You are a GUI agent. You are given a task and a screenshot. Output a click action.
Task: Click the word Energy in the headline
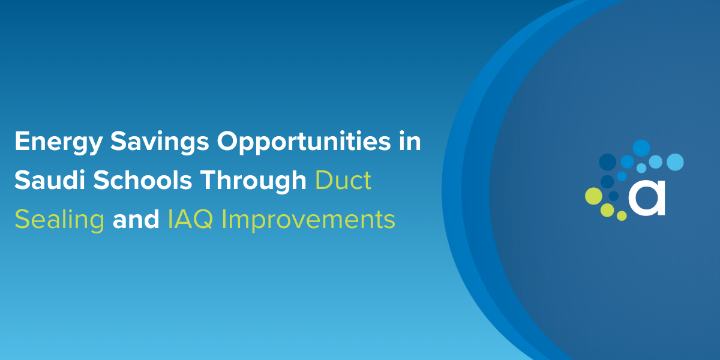coord(59,142)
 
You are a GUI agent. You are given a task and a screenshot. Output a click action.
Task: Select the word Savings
coord(160,142)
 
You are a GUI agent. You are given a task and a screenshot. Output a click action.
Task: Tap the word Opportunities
coord(304,142)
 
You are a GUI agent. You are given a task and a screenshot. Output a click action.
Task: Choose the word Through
coord(253,181)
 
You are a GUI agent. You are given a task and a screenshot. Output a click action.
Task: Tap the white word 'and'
coord(136,219)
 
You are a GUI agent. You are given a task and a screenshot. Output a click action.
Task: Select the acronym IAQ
coord(190,220)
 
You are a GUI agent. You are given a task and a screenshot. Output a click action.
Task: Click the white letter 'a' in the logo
coord(647,198)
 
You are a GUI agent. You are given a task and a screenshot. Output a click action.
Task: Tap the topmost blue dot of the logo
coord(641,148)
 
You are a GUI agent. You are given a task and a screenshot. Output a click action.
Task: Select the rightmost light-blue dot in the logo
coord(675,162)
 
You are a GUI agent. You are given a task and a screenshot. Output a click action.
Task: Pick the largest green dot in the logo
coord(593,196)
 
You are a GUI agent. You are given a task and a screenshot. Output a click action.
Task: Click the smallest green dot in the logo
coord(622,215)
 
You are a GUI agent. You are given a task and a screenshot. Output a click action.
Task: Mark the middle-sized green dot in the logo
coord(607,210)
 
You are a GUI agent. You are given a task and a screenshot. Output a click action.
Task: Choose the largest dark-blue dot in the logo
coord(607,162)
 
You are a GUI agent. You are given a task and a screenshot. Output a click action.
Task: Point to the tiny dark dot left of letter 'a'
coord(614,196)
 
